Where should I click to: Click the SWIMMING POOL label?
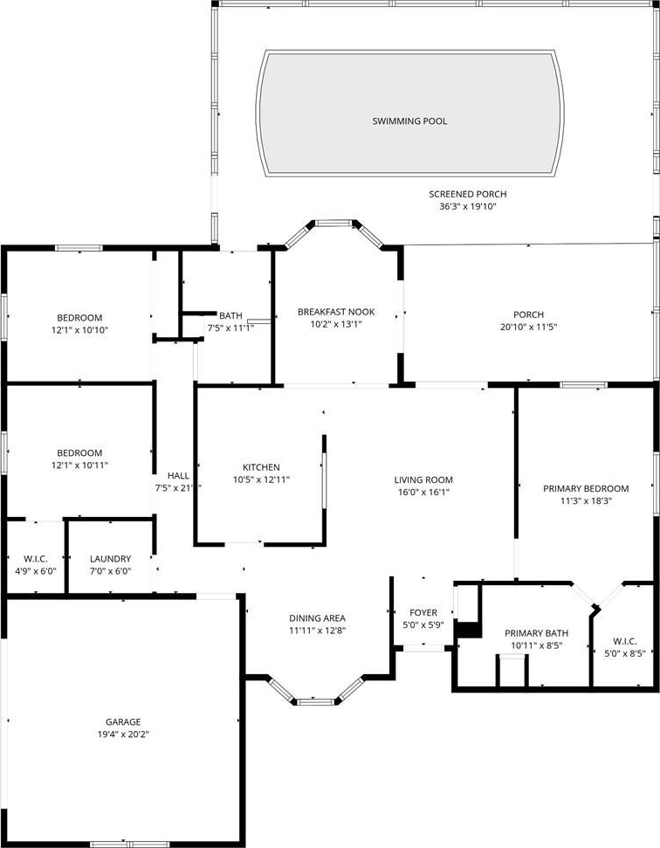409,121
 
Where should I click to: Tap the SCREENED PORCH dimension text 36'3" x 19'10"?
468,207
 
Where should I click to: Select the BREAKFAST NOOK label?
336,312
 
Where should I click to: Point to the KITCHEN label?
261,467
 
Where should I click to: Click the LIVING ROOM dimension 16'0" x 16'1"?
423,493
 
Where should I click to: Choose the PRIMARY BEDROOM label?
586,489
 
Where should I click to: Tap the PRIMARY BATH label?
536,633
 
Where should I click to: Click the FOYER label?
423,613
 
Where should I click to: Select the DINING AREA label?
317,618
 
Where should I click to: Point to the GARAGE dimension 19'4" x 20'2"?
123,734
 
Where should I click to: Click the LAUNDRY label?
110,559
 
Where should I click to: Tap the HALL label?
178,475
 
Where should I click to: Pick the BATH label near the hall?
230,316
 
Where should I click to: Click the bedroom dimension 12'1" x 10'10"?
80,330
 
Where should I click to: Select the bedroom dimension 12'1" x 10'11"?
80,465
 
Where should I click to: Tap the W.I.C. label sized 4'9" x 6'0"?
35,559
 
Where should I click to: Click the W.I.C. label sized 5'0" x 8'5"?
625,641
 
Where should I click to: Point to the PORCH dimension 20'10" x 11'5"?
529,327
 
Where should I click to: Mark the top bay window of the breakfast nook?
334,223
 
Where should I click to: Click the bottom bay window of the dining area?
316,702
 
